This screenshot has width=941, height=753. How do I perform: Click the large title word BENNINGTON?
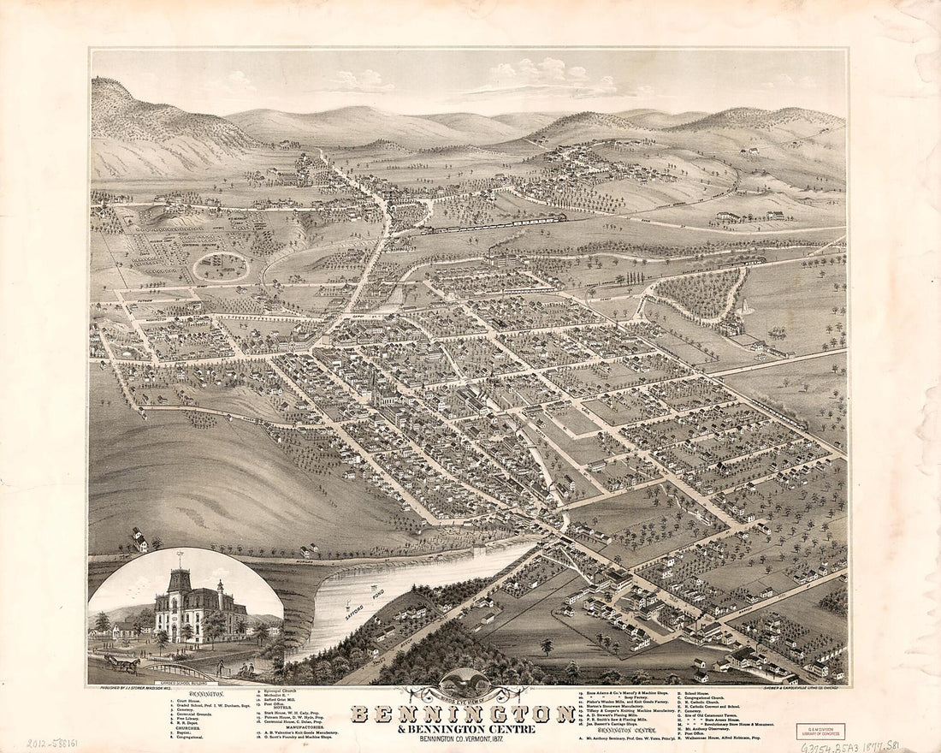[x=463, y=713]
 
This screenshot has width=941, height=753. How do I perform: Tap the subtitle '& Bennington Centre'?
[x=463, y=729]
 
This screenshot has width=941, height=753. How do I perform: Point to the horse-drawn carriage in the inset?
[x=122, y=662]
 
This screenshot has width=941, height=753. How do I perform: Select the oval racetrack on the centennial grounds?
[x=221, y=267]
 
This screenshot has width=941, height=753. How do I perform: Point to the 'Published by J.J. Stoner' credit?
[x=139, y=687]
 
